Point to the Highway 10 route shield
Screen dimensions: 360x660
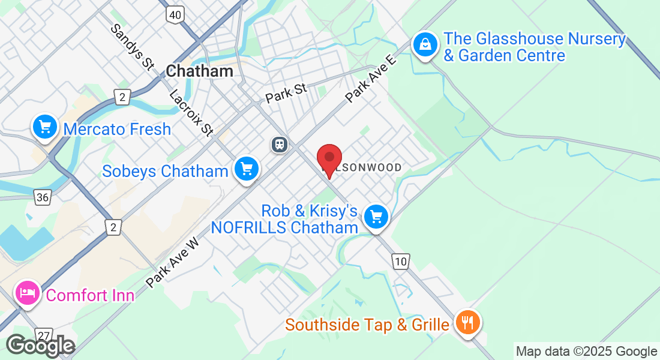[401, 260]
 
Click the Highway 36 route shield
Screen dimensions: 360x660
[41, 197]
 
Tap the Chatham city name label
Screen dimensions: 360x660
[199, 71]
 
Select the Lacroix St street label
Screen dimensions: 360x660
[191, 112]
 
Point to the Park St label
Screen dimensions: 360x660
[286, 92]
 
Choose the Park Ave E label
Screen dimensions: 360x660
[371, 79]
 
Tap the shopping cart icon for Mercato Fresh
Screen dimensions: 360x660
[44, 127]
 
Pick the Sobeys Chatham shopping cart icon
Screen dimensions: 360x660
[245, 169]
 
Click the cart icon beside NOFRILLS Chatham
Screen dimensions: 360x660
[376, 217]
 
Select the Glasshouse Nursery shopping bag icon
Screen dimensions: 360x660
[425, 44]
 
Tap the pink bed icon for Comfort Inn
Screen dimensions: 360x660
[28, 293]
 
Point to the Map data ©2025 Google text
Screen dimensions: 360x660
[586, 352]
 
